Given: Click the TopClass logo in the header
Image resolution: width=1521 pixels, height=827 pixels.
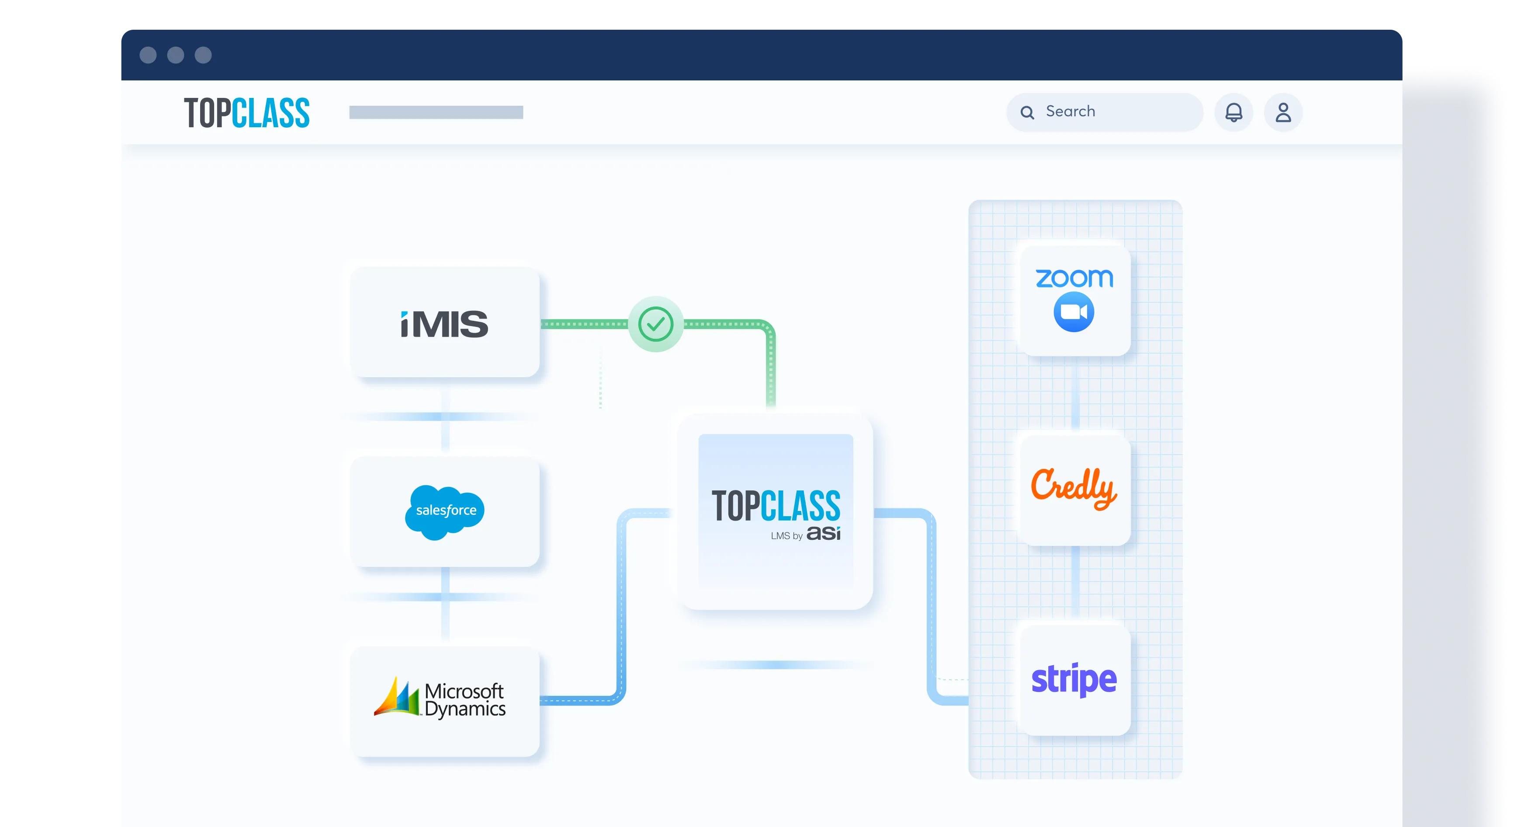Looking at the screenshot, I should tap(247, 113).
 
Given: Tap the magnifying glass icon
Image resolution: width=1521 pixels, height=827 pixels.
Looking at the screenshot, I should tap(1027, 112).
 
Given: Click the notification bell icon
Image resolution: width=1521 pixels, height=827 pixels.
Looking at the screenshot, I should tap(1233, 112).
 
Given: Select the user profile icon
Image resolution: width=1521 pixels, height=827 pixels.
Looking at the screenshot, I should tap(1283, 112).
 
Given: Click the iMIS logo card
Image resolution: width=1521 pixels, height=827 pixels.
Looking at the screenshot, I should tap(445, 323).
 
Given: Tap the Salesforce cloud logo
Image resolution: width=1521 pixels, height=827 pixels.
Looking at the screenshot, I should tap(445, 511).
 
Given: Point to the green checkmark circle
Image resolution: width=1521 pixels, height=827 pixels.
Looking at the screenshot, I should tap(655, 324).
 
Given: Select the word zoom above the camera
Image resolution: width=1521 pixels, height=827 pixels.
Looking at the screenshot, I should tap(1074, 278).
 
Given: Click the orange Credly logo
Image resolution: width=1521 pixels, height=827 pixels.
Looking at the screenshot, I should tap(1074, 488).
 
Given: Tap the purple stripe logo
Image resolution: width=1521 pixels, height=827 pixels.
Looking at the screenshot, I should tap(1074, 679).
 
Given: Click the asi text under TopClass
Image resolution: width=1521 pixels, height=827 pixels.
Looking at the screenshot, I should tap(823, 533).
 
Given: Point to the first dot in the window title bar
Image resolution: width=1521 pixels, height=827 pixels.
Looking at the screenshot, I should tap(148, 55).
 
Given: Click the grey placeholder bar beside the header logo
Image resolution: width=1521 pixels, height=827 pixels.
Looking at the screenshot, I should tap(436, 112).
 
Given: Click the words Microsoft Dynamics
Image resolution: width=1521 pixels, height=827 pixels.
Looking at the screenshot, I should tap(464, 700).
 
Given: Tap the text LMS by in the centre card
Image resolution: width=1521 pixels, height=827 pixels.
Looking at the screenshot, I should tap(786, 536).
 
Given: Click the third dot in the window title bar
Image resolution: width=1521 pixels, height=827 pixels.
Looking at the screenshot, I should tap(203, 55).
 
